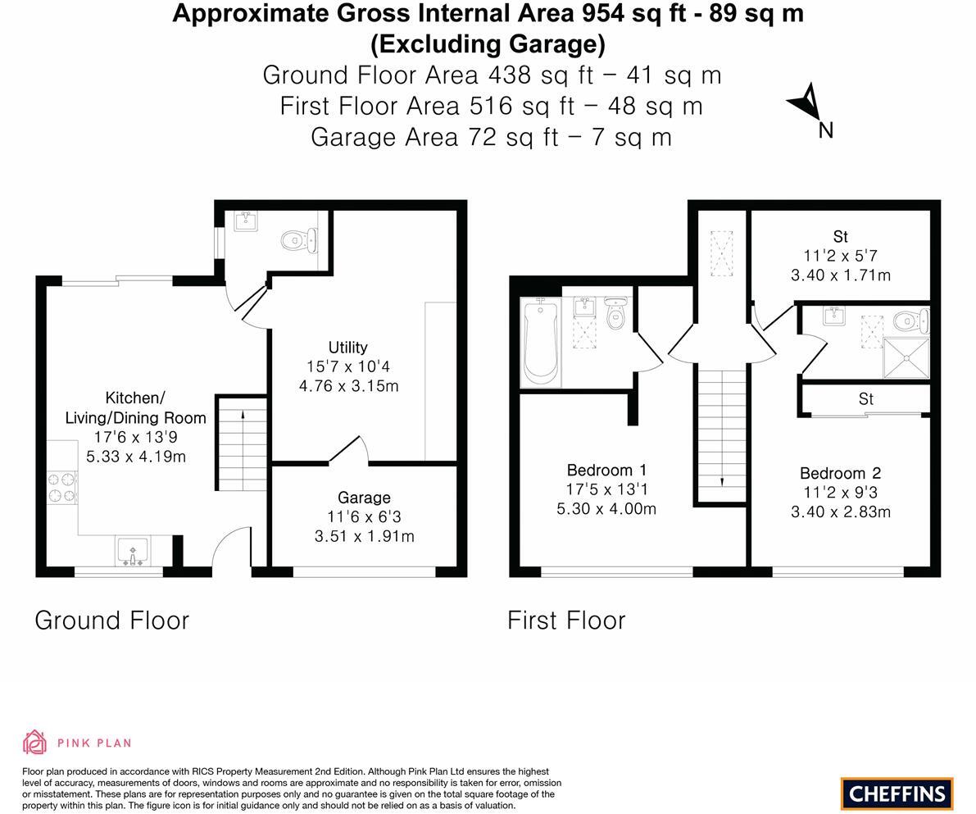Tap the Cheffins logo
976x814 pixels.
(897, 794)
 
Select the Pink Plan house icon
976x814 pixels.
(34, 743)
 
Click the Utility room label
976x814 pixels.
(347, 347)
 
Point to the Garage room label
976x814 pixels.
(364, 498)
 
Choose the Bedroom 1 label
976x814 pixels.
(606, 470)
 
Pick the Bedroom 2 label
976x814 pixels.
(840, 473)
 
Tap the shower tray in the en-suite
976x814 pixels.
(906, 358)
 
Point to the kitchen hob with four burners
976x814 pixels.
(61, 486)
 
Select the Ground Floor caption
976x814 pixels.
(111, 621)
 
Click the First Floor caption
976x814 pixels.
(566, 621)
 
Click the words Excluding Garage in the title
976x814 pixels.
(488, 43)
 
